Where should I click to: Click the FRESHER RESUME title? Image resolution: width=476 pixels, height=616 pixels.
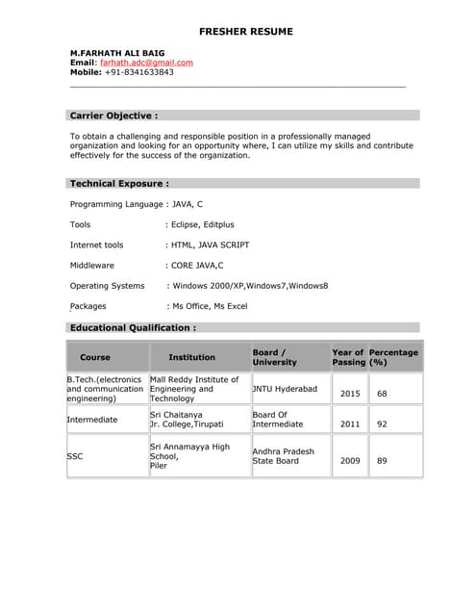[x=245, y=32]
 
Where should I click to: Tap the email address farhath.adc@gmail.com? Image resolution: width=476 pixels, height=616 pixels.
[x=146, y=62]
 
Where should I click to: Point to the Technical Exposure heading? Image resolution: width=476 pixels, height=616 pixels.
[x=119, y=183]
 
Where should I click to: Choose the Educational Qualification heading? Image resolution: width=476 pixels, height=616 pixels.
[x=133, y=327]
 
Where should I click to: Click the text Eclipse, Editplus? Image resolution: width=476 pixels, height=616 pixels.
[x=202, y=224]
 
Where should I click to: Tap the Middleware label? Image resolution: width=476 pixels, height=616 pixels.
[x=92, y=265]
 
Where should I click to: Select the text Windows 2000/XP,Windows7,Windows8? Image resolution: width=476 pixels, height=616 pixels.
[x=249, y=286]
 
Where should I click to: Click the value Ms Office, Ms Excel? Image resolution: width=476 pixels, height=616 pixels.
[x=209, y=306]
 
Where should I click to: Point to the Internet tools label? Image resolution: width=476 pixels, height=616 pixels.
[x=96, y=244]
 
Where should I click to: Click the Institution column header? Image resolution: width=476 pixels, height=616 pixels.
[x=192, y=357]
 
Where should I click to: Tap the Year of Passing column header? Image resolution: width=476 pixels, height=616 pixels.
[x=347, y=357]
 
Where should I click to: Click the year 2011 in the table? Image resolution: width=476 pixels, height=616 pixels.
[x=350, y=423]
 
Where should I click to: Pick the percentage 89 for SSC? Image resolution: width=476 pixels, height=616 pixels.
[x=382, y=461]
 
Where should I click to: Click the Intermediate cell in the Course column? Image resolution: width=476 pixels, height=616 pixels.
[x=92, y=420]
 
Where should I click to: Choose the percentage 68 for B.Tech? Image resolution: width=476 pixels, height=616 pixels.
[x=382, y=394]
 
